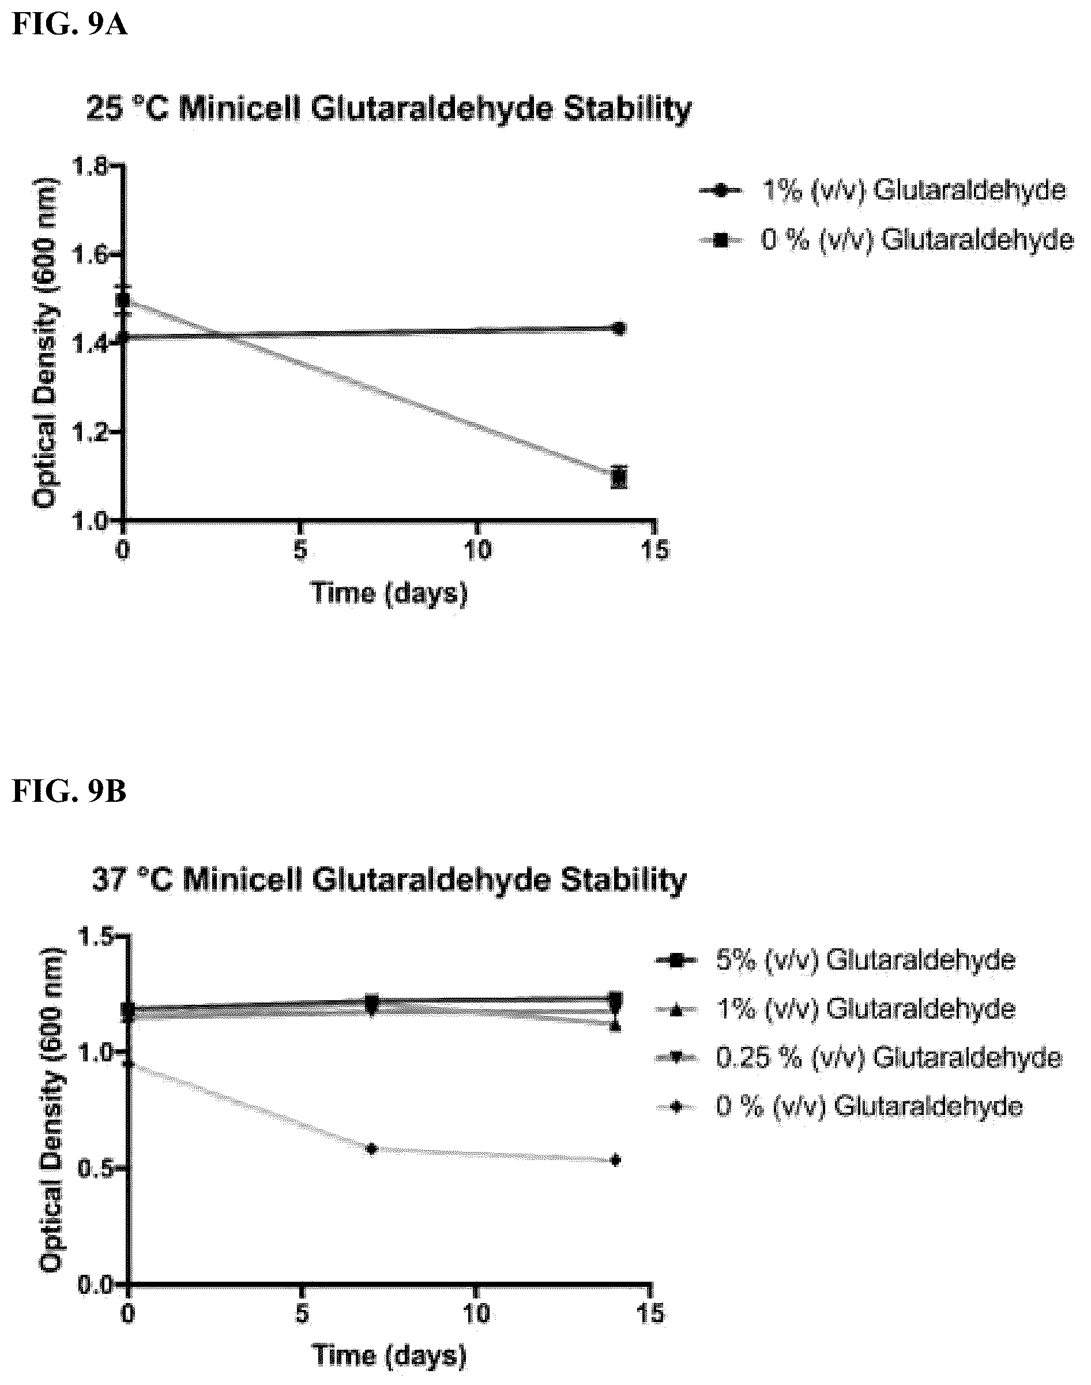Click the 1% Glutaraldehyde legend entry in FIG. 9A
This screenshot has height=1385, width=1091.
point(882,190)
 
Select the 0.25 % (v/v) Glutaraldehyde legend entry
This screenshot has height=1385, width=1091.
point(859,1058)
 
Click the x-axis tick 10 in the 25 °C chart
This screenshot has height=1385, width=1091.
point(478,549)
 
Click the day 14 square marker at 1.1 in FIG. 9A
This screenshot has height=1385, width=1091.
point(618,476)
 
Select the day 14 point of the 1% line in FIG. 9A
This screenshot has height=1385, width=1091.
point(618,328)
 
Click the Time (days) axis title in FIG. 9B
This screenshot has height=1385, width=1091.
point(389,1356)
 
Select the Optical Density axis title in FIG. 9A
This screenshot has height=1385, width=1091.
point(46,344)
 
